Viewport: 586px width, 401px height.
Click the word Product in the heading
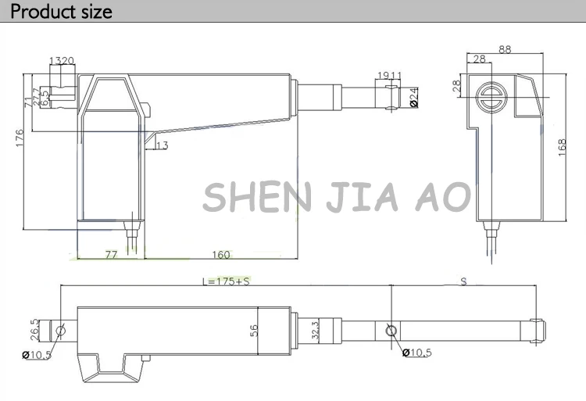(40, 12)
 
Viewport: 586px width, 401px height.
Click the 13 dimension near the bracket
(162, 145)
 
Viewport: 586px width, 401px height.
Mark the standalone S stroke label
(463, 281)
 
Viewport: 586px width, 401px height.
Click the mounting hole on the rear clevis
(61, 331)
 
